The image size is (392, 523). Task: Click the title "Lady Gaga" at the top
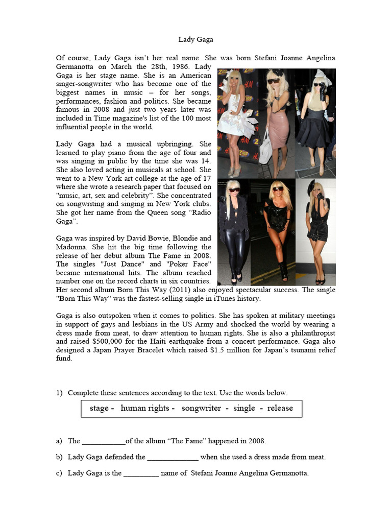(x=195, y=39)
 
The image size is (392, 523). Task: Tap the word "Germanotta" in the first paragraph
(x=77, y=67)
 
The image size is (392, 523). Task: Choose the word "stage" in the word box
(x=99, y=408)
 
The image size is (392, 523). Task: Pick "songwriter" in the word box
(x=201, y=408)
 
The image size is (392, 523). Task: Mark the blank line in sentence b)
(x=173, y=457)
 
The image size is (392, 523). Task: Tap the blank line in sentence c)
(x=141, y=473)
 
